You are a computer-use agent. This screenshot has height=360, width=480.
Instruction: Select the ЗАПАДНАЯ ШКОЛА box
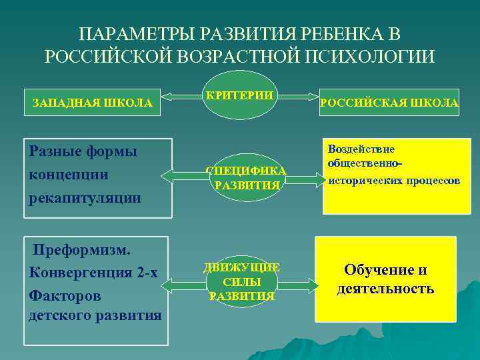click(93, 102)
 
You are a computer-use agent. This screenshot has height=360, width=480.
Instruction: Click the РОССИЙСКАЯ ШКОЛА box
click(389, 102)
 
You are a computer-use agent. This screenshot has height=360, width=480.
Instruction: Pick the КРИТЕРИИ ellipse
click(239, 99)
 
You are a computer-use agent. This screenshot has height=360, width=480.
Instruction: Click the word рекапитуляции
click(85, 197)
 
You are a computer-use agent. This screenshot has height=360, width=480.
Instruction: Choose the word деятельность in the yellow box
click(386, 289)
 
